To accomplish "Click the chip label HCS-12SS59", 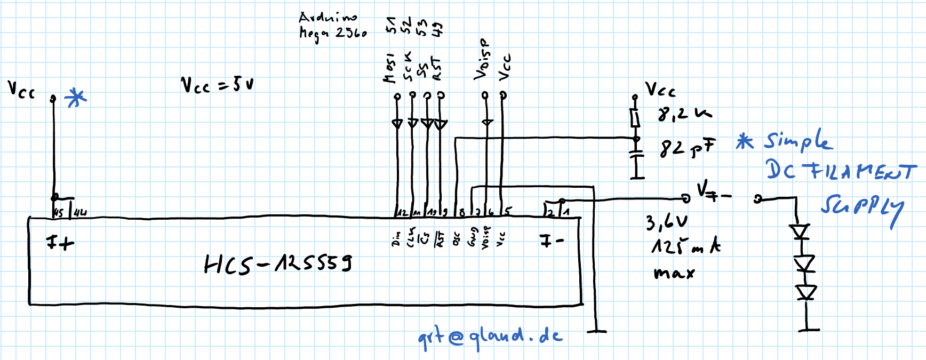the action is tap(277, 263).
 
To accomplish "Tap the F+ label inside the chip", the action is tap(60, 243).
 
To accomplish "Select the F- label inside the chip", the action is tap(552, 241).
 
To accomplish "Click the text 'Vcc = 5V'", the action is tap(217, 85).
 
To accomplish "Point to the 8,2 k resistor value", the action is tap(684, 114).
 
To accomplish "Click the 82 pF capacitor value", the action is tap(687, 149).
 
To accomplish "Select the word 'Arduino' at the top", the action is tap(328, 18).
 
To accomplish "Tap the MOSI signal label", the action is tap(390, 68).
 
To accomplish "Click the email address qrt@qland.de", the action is tap(490, 337).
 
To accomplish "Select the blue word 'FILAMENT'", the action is tap(862, 171).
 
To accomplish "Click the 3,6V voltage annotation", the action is tap(666, 222).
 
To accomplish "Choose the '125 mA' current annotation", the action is tap(685, 247).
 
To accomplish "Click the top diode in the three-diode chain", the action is tap(800, 232).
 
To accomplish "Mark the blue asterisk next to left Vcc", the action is tap(75, 98).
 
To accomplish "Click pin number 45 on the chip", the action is tap(59, 212).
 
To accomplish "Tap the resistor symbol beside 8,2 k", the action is tap(635, 117).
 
